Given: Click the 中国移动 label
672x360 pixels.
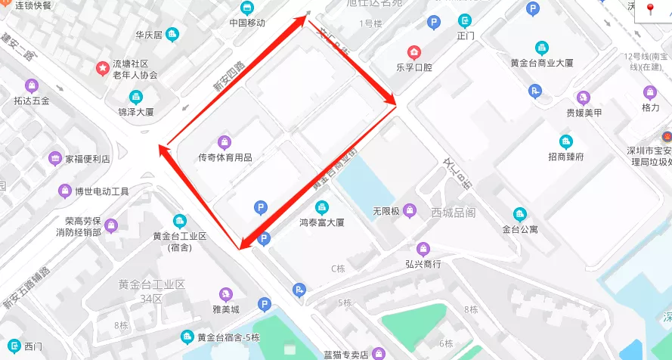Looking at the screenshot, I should coord(247,23).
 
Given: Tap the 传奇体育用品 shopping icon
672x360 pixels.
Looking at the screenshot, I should coord(225,141).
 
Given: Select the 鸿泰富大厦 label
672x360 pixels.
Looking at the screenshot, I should coord(322,222).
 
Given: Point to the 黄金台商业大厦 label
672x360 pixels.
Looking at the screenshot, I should coord(542,64).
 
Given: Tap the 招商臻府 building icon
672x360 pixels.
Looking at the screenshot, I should coord(565,141).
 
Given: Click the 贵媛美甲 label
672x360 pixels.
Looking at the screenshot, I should coord(584,113).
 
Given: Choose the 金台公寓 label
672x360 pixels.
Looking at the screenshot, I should coord(519,229).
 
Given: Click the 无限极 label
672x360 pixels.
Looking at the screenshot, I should coord(386,210).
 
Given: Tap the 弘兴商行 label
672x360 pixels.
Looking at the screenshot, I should coord(423,264).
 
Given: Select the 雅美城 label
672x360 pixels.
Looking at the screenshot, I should coord(225,309).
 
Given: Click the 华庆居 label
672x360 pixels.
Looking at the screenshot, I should coord(149,35).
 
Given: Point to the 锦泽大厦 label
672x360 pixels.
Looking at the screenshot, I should coord(136,112).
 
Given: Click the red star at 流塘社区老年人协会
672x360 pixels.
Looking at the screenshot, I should coord(102,68).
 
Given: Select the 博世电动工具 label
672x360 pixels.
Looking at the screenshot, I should coord(101,191).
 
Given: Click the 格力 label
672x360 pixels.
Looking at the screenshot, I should coord(650,108).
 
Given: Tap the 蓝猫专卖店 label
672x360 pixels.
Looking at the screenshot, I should coord(345,354).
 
